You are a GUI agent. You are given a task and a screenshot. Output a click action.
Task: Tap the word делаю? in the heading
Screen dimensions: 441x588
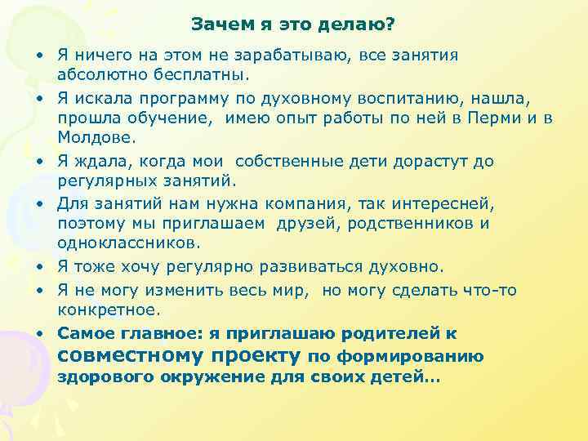point(358,24)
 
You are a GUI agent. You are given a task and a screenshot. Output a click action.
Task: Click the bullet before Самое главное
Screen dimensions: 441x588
point(39,334)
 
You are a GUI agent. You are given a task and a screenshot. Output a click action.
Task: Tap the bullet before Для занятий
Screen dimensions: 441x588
point(39,203)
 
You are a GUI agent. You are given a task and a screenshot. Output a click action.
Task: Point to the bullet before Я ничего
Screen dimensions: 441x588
point(39,56)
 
